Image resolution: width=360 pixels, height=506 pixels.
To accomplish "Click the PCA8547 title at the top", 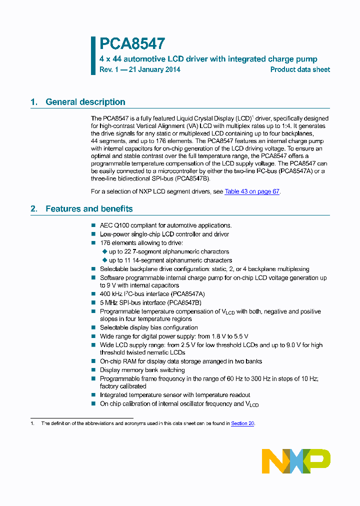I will coord(132,44).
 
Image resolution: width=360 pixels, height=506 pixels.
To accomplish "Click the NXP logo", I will coord(296,461).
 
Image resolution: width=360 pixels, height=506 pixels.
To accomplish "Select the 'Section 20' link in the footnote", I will coord(242,423).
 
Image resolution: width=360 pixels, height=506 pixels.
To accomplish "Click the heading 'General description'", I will coord(85,102).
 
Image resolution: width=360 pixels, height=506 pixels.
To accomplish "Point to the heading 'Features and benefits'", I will coord(89,209).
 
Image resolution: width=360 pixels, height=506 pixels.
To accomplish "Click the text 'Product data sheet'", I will coord(300,69).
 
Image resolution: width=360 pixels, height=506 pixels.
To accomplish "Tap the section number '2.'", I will coord(34,209).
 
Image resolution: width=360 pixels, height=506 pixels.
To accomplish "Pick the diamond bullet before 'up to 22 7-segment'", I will coord(104,251).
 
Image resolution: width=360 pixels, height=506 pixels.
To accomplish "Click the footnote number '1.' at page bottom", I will coord(32,423).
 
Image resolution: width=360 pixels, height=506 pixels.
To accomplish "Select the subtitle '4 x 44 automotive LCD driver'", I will coord(150,59).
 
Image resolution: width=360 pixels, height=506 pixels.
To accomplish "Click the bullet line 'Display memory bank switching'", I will coord(142,370).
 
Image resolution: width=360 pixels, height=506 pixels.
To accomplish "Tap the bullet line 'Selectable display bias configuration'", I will coord(148,327).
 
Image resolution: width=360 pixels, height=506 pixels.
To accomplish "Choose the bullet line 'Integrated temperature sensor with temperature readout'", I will coord(175,395).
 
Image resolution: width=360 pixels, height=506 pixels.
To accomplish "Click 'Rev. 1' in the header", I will coord(107,69).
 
